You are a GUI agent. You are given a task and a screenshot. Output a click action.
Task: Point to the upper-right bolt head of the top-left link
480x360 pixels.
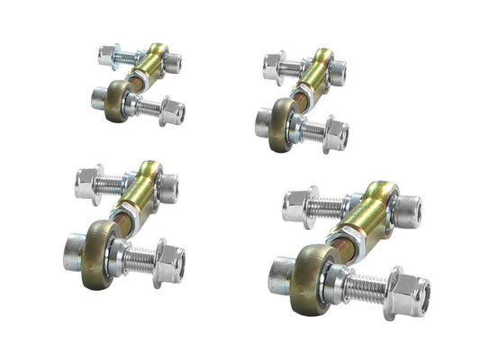click(x=172, y=63)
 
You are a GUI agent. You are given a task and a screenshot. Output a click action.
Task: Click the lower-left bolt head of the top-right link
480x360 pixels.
click(x=263, y=120)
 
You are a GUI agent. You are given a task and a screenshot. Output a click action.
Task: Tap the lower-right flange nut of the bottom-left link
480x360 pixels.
click(x=169, y=263)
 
